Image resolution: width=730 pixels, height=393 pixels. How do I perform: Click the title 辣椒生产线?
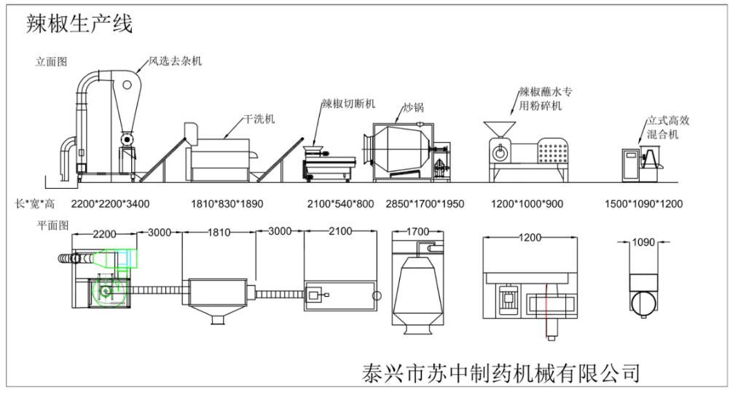[79, 24]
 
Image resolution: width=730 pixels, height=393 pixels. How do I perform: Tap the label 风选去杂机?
[176, 61]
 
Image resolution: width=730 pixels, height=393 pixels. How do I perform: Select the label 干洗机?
[259, 119]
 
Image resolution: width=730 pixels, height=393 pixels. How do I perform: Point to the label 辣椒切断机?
[349, 104]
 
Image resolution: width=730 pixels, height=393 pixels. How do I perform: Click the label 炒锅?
[414, 108]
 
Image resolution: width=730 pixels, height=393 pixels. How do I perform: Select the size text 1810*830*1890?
[227, 203]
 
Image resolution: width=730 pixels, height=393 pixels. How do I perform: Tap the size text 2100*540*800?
[340, 203]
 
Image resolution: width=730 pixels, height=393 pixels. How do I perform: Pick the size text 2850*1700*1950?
[425, 203]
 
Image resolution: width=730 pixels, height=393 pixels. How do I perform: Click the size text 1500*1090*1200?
[644, 203]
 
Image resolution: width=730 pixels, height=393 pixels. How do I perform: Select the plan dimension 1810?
[219, 233]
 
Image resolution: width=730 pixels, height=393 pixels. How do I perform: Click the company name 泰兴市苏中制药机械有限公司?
[501, 373]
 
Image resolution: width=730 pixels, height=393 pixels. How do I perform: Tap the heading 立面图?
[51, 62]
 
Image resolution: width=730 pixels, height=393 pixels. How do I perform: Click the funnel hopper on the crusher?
[498, 125]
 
